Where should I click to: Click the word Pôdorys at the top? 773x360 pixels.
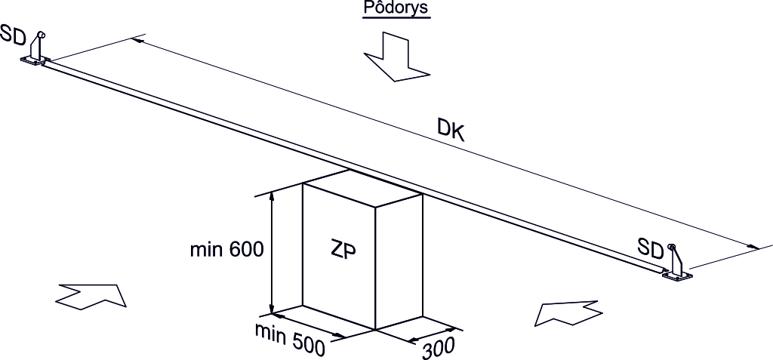coord(396,9)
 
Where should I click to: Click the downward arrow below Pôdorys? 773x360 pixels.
coord(396,57)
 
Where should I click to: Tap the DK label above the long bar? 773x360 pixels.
coord(451,131)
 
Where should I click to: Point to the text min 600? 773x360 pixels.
coord(227,250)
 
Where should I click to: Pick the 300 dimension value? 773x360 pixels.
coord(438,349)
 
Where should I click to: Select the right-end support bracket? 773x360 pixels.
coord(676,263)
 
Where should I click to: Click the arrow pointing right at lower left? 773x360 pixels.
coord(91,296)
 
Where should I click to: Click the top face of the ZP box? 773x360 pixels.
coord(362,188)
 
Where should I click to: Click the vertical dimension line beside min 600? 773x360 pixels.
coord(272,254)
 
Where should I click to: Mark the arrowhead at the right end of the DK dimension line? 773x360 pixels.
coord(754,246)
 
